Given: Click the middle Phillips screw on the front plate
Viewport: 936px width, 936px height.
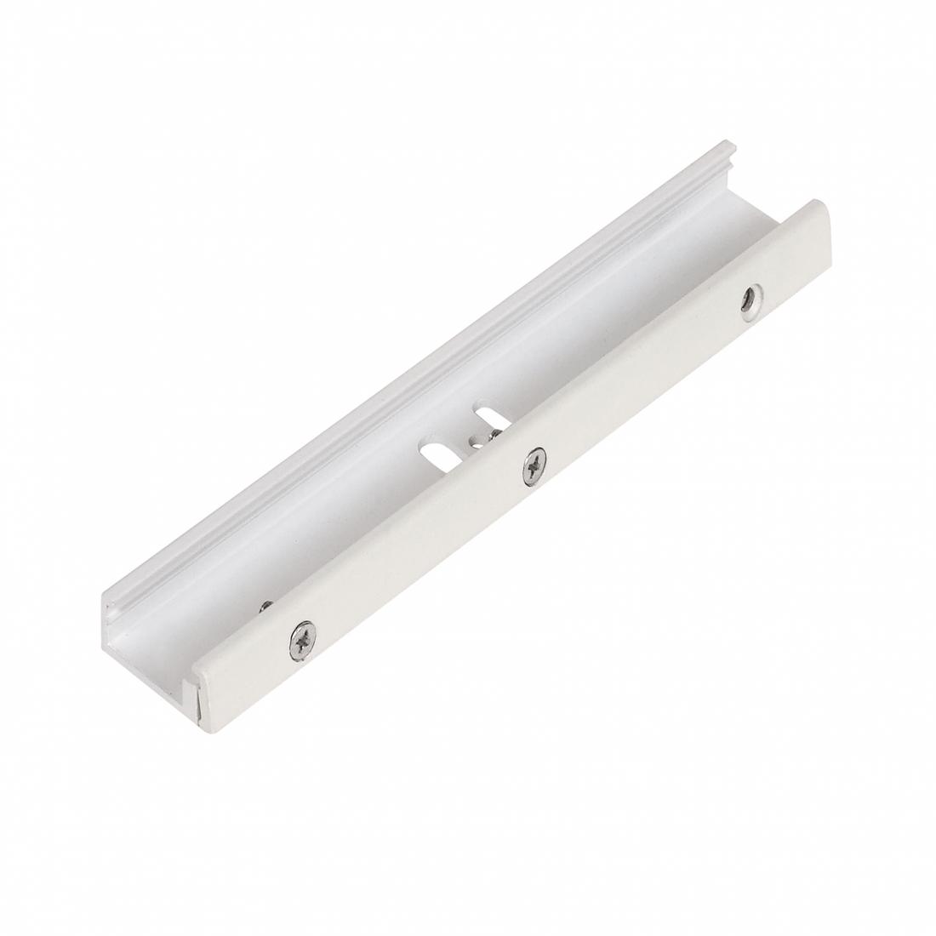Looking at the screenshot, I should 534,465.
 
